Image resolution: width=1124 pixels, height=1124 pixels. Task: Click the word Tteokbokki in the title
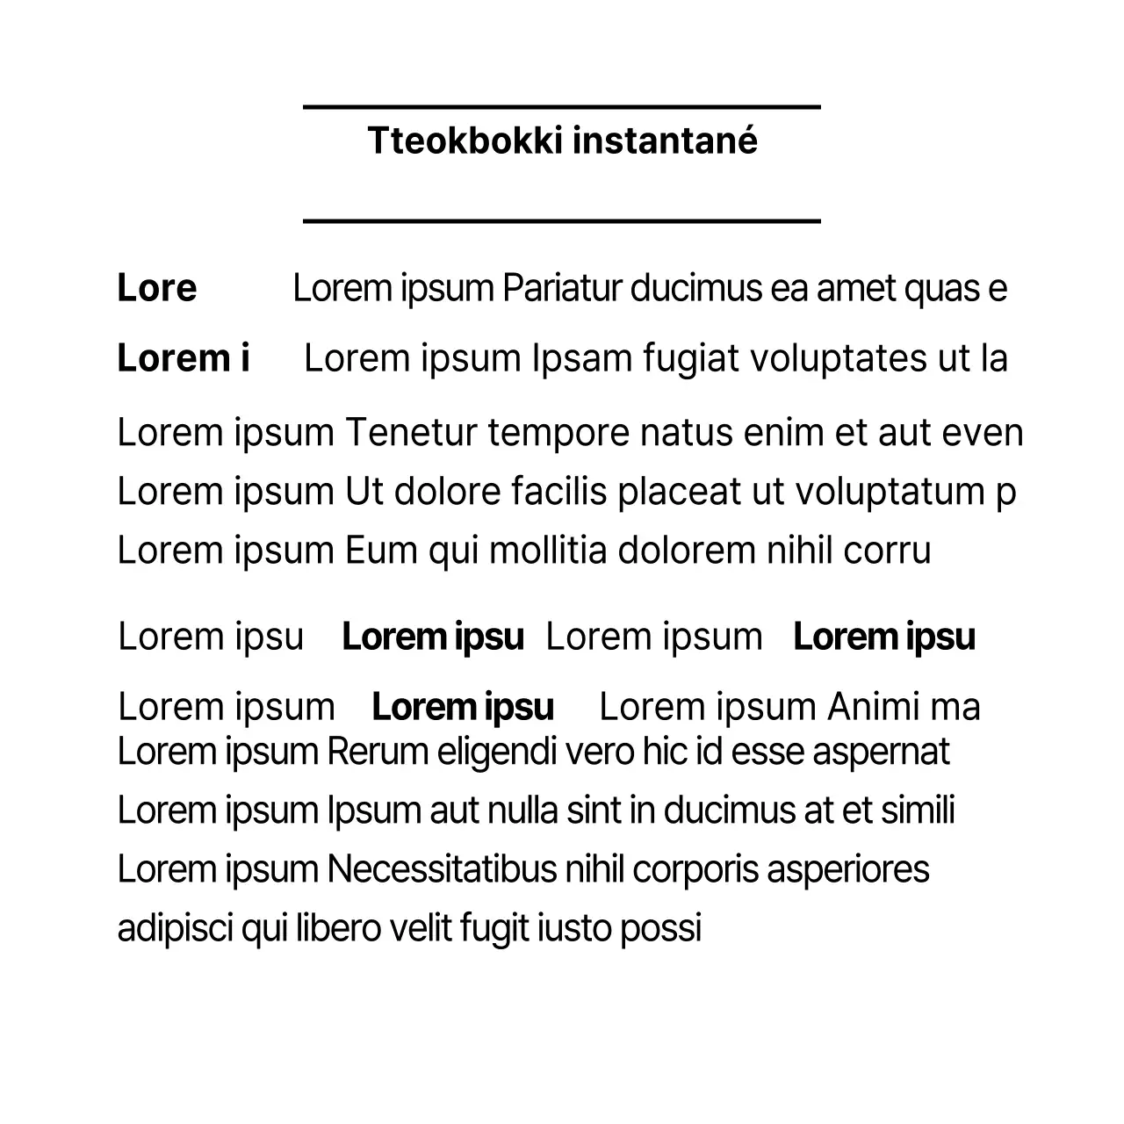(x=465, y=140)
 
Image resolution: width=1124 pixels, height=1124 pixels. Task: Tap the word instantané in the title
(x=665, y=140)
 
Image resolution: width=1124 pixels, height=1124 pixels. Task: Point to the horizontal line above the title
(x=562, y=107)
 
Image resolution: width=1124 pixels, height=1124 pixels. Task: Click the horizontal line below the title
(x=562, y=221)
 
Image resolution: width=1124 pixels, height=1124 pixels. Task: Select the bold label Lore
(x=157, y=288)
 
